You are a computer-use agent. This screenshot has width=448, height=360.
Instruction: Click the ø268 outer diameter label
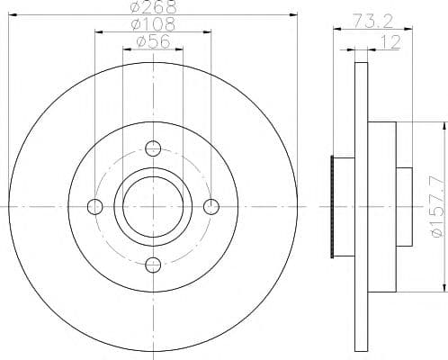153,7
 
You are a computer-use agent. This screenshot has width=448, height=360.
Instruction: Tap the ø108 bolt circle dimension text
153,24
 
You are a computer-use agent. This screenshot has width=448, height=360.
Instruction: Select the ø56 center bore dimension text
153,41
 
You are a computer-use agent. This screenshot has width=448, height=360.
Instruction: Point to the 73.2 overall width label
372,21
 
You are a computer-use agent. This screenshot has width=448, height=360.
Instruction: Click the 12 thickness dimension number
390,42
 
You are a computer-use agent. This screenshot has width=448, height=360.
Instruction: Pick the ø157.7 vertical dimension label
437,207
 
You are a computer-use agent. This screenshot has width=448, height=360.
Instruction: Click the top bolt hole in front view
153,148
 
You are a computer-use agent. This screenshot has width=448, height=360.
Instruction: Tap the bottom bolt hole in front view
153,265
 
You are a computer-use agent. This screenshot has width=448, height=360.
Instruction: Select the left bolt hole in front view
95,207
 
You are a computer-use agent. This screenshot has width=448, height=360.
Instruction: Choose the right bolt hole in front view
211,207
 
